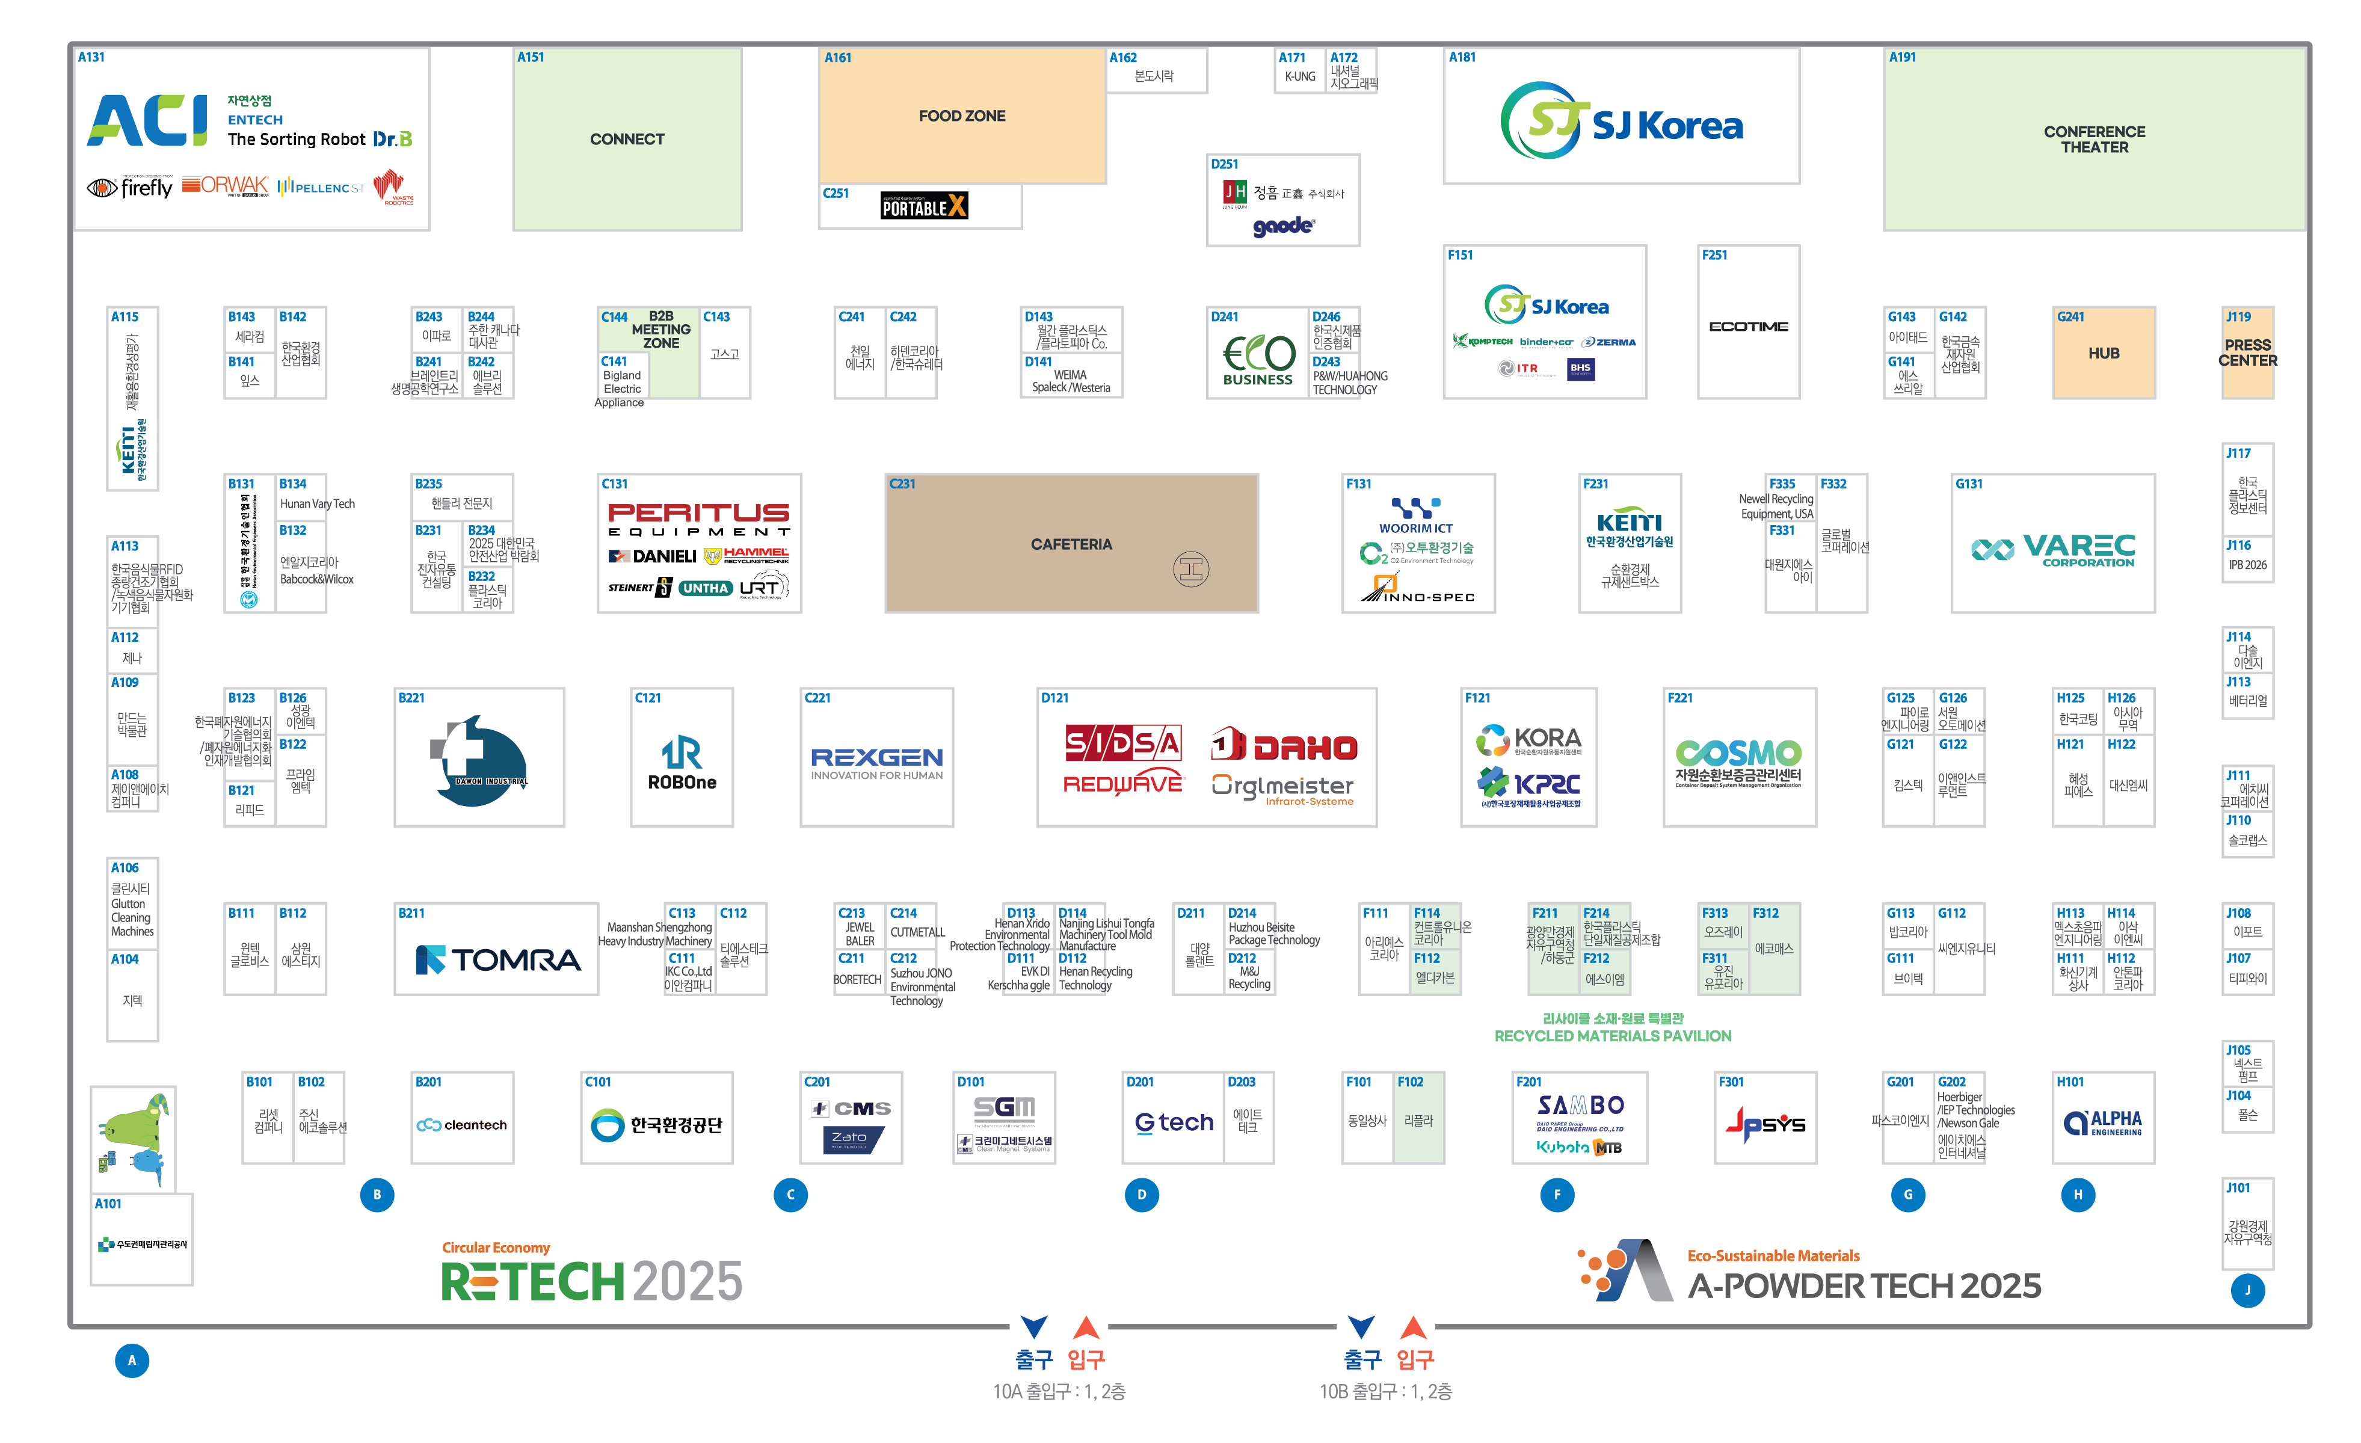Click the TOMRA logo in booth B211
[497, 959]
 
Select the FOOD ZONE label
[961, 116]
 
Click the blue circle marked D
[1140, 1195]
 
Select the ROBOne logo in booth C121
[682, 764]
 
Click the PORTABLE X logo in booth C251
[924, 206]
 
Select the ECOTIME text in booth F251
[1748, 327]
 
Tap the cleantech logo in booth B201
[462, 1125]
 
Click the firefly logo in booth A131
[131, 188]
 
